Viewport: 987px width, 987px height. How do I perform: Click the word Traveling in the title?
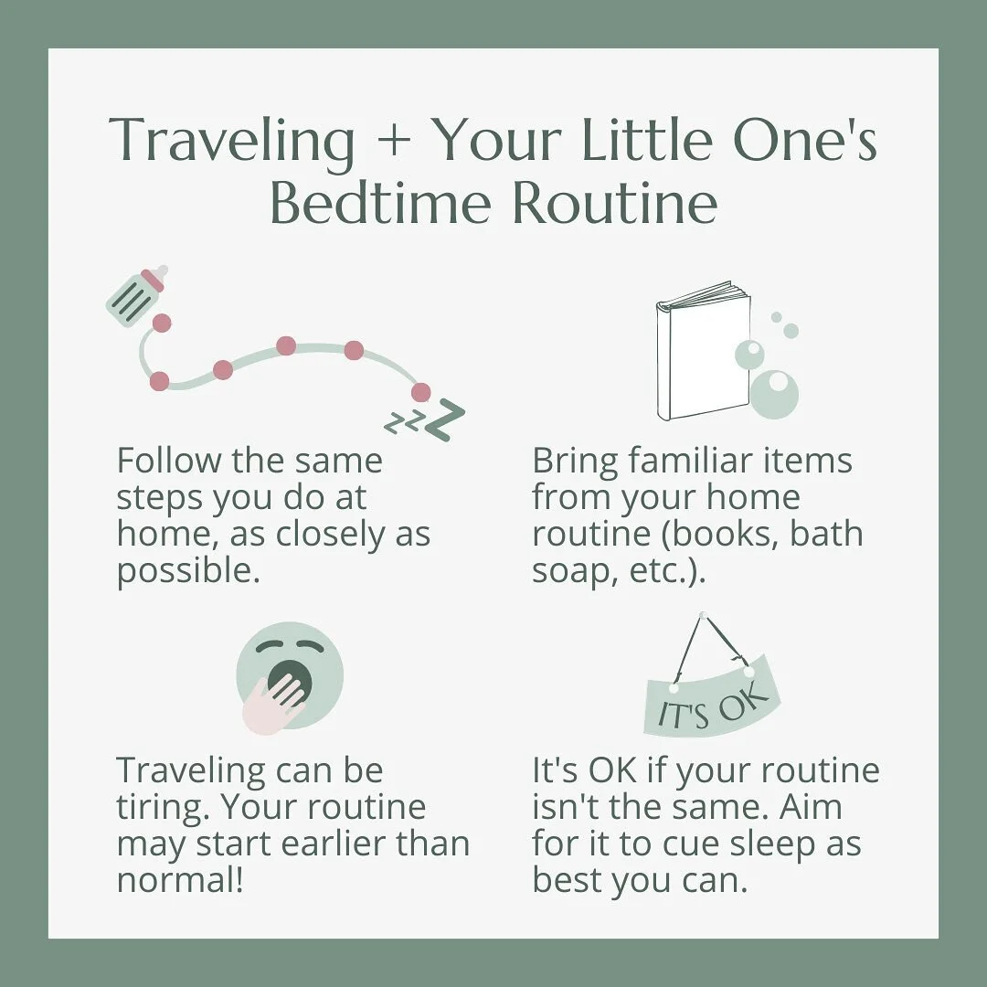coord(232,142)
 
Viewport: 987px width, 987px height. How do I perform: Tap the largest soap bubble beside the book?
coord(774,394)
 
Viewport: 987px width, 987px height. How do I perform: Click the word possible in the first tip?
coord(173,572)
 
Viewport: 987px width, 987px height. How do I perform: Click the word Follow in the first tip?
coord(167,461)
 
